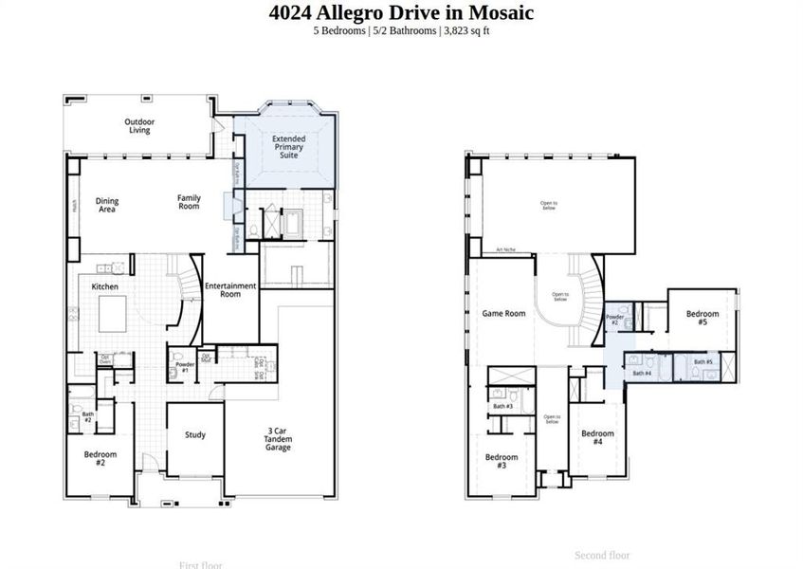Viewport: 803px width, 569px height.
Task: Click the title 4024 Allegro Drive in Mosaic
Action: click(x=401, y=13)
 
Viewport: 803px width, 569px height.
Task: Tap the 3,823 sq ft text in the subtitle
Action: click(x=465, y=31)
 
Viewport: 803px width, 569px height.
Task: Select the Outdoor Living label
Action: click(x=139, y=126)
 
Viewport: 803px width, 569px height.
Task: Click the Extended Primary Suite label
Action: click(x=288, y=146)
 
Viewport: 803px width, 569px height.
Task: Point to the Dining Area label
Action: click(x=107, y=205)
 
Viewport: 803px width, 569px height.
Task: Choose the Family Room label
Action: click(x=189, y=202)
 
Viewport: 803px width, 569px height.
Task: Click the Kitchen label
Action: click(x=104, y=286)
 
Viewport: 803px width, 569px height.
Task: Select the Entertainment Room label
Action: click(x=230, y=289)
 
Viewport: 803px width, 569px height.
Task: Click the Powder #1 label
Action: click(x=185, y=367)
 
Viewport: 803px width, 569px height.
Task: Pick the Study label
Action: click(x=195, y=435)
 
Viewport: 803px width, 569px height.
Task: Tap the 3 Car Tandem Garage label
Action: click(x=278, y=439)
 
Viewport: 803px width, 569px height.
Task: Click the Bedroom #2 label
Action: click(x=100, y=458)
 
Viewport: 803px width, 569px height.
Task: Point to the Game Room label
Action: click(x=503, y=313)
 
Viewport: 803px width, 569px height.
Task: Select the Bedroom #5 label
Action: click(x=703, y=318)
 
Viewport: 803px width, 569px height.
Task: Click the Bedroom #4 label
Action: click(x=597, y=437)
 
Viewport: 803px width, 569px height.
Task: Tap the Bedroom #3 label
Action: click(x=502, y=461)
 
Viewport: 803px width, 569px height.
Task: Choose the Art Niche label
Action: click(x=505, y=250)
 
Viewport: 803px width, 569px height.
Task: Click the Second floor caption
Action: click(x=602, y=555)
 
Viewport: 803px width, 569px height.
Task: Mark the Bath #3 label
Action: click(x=502, y=407)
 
